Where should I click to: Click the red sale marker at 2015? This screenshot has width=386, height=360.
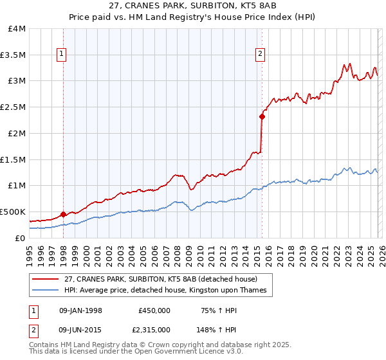coord(262,116)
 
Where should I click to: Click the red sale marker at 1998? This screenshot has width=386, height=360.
coord(63,214)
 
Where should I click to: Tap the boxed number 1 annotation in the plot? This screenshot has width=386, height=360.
coord(62,55)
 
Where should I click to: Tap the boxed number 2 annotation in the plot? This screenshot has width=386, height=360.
coord(261,55)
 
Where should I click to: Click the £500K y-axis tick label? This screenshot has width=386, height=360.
coord(13,212)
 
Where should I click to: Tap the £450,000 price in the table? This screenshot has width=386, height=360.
coord(154,310)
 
